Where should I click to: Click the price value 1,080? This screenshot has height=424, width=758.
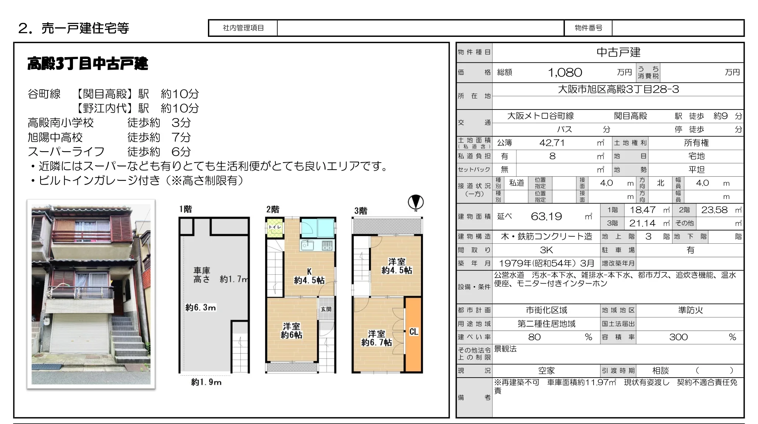point(565,73)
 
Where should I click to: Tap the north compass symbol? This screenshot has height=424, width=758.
point(415,202)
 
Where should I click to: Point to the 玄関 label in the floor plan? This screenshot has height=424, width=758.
point(326,309)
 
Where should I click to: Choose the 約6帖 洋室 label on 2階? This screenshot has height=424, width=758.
point(291,331)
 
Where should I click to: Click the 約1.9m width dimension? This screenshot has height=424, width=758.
point(206,382)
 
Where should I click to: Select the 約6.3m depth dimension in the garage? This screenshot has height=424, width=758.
point(201,307)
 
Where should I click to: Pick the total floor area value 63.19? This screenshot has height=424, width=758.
point(546,216)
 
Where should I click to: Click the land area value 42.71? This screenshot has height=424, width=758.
point(552,143)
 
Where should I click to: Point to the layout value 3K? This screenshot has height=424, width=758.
point(546,250)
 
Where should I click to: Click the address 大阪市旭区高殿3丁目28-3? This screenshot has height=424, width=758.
point(618,90)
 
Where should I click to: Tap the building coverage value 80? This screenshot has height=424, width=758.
point(534,337)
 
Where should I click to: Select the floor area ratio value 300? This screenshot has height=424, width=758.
point(678,337)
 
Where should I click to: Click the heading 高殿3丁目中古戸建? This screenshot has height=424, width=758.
point(88,64)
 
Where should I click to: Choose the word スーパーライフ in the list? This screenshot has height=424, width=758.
point(66,152)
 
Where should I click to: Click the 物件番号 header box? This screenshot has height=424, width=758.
point(588,28)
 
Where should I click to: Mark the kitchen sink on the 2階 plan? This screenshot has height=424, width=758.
point(307,245)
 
